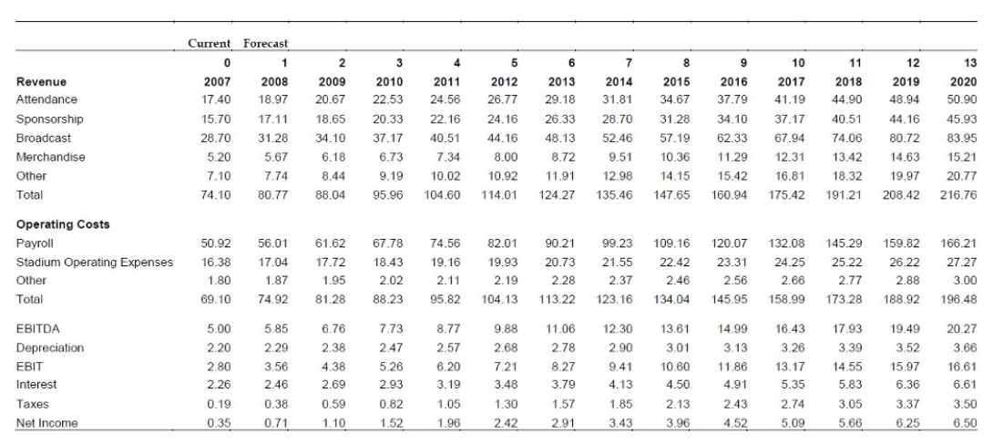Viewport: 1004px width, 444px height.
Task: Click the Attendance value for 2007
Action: (217, 98)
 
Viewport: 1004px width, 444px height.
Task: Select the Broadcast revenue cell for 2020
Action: (960, 138)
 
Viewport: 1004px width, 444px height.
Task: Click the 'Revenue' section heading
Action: (41, 80)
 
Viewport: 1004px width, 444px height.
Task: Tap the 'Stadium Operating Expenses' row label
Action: (95, 263)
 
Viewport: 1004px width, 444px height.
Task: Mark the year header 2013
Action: (558, 80)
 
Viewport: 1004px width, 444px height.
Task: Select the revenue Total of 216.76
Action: (958, 195)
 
